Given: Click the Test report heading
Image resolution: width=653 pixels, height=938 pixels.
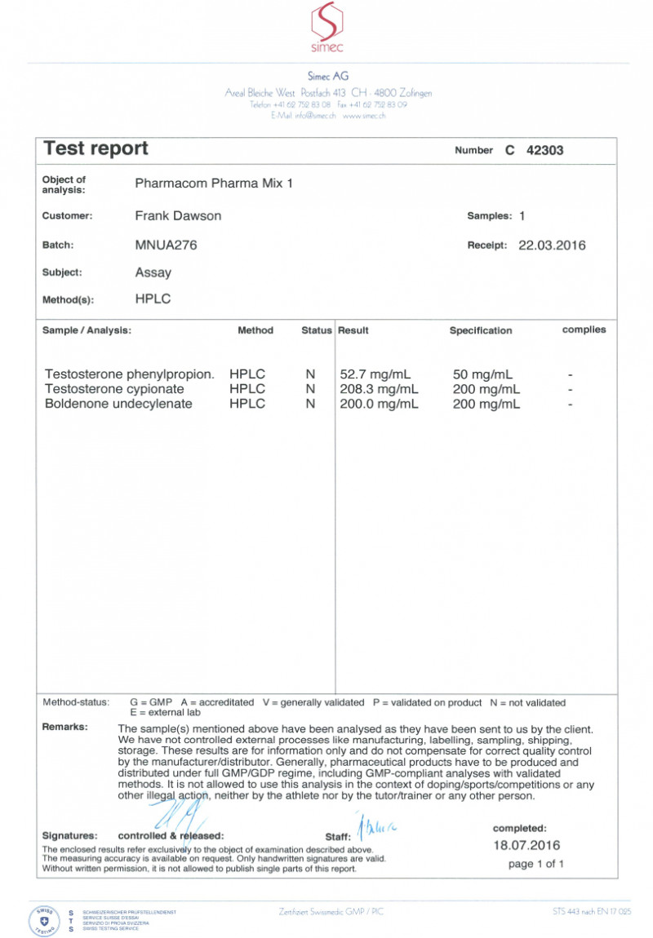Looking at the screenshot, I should (96, 148).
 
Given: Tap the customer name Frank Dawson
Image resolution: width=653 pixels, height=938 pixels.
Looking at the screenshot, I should (177, 216).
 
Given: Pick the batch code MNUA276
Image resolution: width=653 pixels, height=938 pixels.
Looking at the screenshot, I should (166, 245).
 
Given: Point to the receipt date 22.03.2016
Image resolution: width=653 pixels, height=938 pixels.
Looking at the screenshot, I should (552, 245).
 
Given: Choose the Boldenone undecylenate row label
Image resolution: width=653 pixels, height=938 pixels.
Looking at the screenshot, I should (118, 404).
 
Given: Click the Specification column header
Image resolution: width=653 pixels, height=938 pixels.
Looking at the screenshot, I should (481, 330).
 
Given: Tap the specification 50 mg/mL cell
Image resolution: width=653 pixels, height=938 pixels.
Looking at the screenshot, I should (482, 374).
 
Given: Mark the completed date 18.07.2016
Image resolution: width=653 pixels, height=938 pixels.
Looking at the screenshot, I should (526, 845).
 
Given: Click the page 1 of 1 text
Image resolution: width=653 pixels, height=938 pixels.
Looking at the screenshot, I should (535, 864).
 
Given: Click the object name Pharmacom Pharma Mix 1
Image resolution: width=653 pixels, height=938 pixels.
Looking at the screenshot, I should (213, 184).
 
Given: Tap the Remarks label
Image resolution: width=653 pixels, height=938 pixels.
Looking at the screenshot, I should (65, 727).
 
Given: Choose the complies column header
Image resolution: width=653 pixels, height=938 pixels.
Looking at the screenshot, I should (584, 330).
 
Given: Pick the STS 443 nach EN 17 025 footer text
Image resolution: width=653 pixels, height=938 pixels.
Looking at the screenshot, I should (591, 911).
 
